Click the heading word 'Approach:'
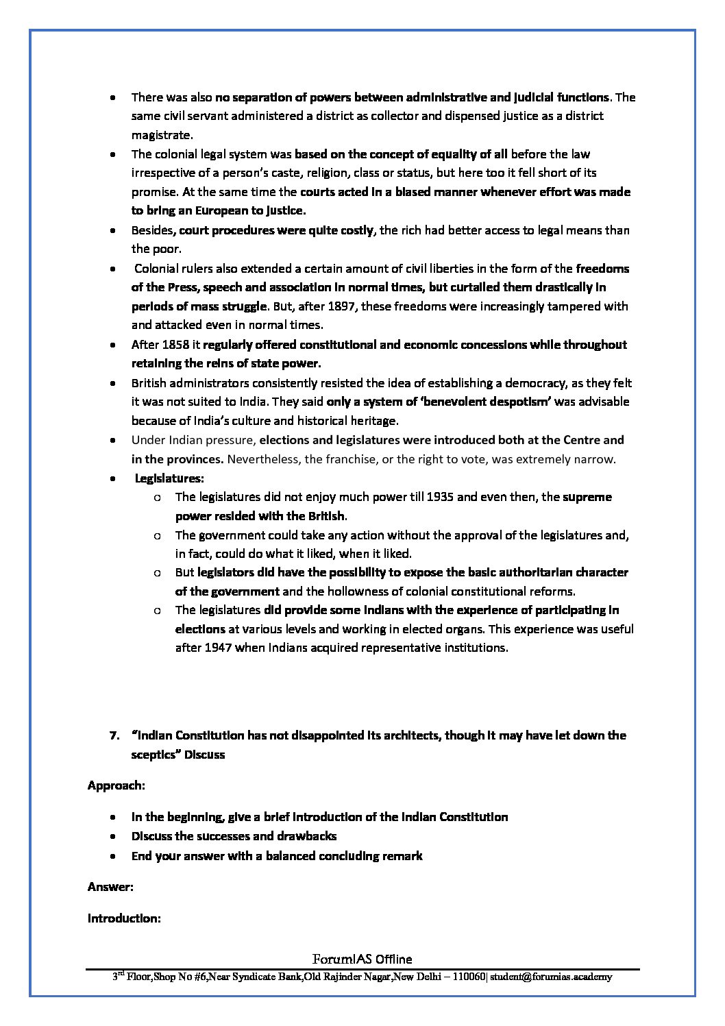116,786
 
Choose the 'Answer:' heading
110,887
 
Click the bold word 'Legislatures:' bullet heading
169,478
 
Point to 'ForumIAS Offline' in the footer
362,960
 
